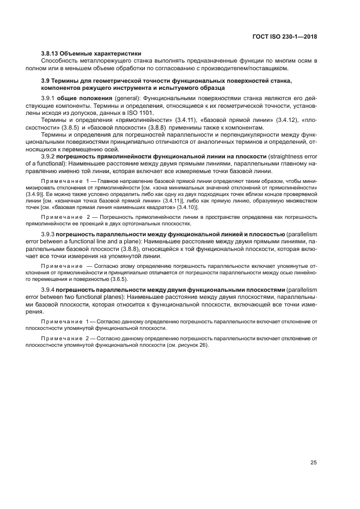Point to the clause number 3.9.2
pos(49,156)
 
